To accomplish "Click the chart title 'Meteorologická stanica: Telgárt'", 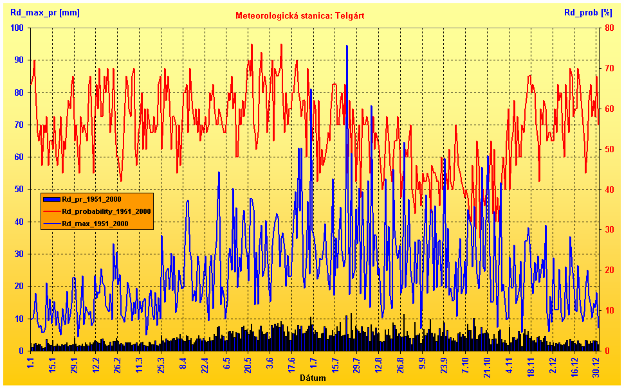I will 300,15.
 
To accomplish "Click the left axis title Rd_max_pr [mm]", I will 45,12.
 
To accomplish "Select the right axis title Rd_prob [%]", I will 588,12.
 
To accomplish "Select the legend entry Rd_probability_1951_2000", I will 106,211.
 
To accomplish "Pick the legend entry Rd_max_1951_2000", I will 95,224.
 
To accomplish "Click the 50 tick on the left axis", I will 19,190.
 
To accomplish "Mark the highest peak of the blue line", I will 347,46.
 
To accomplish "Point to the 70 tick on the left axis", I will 19,125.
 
